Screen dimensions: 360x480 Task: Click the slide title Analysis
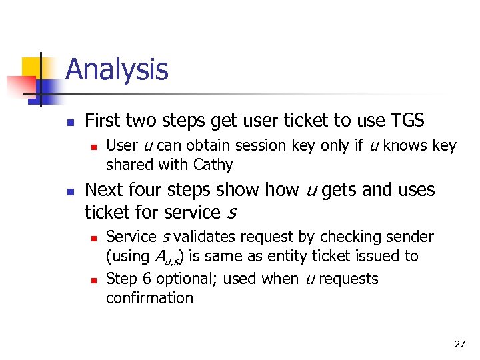click(x=117, y=69)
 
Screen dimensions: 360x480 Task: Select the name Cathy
click(x=213, y=165)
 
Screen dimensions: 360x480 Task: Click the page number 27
click(x=459, y=344)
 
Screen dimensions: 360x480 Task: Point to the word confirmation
click(x=149, y=298)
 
